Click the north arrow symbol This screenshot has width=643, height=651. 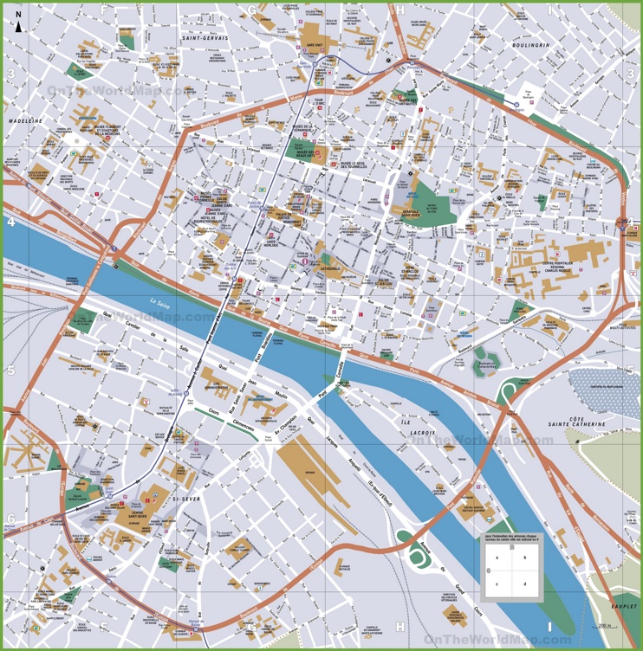pyautogui.click(x=17, y=26)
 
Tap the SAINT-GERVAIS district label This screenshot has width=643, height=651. pyautogui.click(x=205, y=39)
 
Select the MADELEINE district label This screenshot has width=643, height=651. pyautogui.click(x=26, y=121)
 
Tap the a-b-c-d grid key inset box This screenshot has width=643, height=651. pyautogui.click(x=512, y=570)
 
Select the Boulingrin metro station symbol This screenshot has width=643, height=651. pyautogui.click(x=517, y=102)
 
